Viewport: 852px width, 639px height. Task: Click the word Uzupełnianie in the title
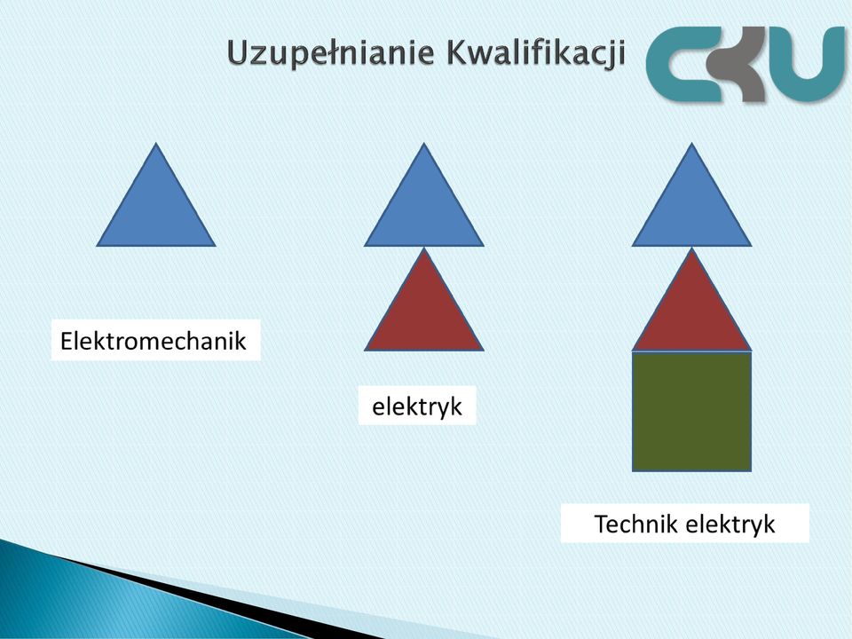331,54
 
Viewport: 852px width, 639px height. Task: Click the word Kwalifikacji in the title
535,53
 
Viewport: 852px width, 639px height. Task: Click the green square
691,411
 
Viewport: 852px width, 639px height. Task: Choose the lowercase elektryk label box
417,406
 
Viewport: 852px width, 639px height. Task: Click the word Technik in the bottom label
636,524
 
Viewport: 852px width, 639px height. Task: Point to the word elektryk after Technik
730,525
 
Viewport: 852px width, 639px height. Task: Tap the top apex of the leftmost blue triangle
156,143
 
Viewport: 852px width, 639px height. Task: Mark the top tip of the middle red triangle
424,248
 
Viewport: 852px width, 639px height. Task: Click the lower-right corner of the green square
752,471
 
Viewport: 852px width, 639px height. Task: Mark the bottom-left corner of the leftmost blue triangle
97,246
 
